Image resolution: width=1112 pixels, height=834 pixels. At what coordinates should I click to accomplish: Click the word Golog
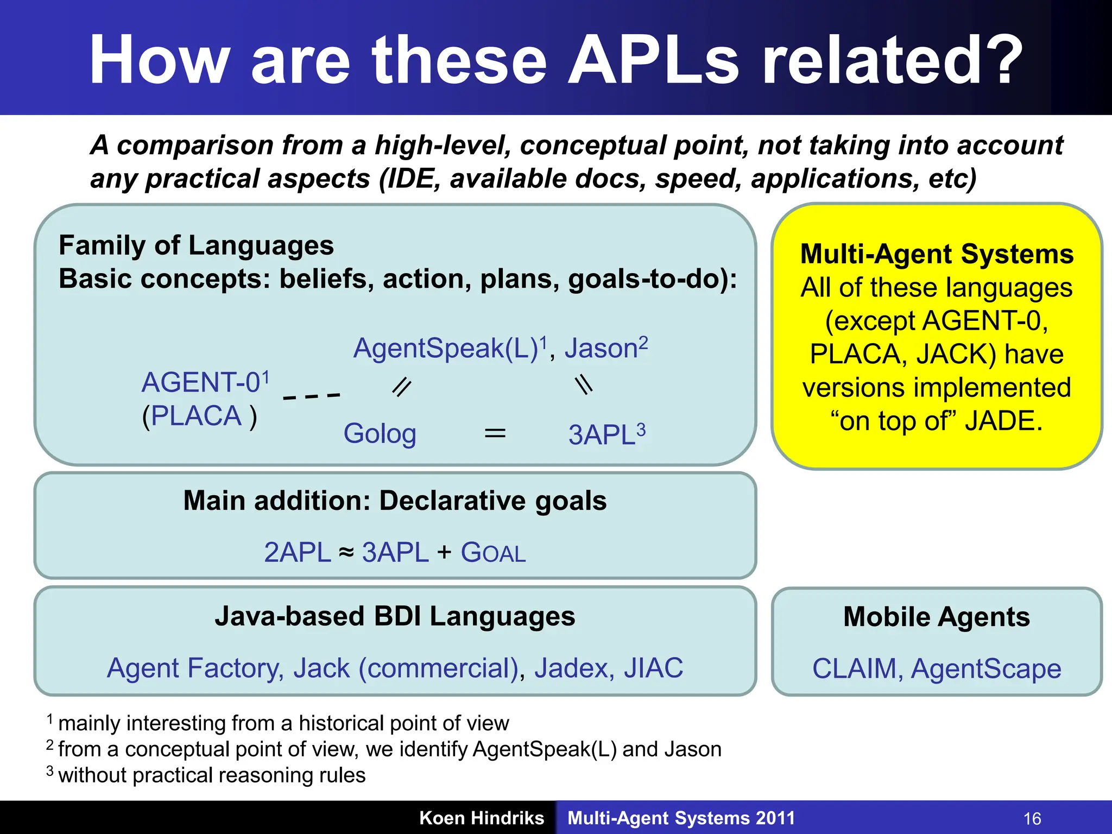(380, 434)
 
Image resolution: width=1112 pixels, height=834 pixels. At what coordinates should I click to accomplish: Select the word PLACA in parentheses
(196, 416)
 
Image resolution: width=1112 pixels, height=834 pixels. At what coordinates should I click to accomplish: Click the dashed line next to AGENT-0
(312, 396)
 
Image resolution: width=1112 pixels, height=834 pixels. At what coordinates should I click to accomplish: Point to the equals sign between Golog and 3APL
(495, 433)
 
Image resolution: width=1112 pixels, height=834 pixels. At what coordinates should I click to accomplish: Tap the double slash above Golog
(402, 387)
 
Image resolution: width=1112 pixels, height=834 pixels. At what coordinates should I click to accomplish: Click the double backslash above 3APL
(584, 386)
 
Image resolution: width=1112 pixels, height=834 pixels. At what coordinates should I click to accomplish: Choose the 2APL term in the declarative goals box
(297, 553)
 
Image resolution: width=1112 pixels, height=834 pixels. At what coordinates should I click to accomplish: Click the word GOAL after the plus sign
(493, 553)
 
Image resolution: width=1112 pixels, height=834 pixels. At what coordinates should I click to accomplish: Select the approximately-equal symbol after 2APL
(346, 553)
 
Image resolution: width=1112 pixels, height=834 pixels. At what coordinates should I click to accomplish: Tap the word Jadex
(574, 668)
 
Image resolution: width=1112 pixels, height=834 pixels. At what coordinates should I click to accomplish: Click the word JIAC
(653, 668)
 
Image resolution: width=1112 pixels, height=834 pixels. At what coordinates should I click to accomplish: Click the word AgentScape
(985, 668)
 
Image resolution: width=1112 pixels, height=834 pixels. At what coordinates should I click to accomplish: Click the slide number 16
(1032, 818)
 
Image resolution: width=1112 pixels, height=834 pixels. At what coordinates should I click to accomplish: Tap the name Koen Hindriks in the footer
(481, 818)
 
